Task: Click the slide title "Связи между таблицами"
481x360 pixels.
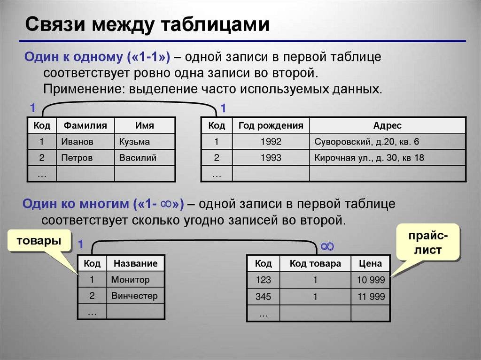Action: (x=147, y=24)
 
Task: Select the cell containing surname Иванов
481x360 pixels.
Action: (x=85, y=141)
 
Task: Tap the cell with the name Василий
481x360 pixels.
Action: (x=145, y=158)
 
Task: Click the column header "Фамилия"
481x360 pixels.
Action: (x=85, y=125)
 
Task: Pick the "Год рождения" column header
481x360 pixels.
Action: (x=271, y=125)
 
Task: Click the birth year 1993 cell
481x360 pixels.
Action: (x=271, y=158)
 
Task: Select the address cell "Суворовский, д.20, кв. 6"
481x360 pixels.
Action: (x=388, y=141)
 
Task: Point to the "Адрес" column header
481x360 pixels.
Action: (x=388, y=125)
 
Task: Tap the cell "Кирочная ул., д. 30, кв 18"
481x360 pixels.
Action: (x=388, y=158)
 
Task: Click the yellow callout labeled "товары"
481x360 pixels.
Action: (x=39, y=240)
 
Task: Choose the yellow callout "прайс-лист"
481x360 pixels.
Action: (x=428, y=242)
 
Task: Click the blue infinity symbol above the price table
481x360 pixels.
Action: (x=327, y=246)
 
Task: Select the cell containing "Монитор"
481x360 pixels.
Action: (x=135, y=279)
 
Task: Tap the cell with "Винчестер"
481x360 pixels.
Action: (x=135, y=296)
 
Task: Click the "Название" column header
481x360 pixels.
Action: (x=135, y=263)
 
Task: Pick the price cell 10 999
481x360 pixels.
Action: (x=370, y=280)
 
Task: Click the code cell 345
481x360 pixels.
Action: (x=263, y=297)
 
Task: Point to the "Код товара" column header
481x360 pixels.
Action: (x=315, y=263)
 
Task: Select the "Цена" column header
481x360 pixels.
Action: (x=370, y=263)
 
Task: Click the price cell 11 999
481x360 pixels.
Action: (x=370, y=297)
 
